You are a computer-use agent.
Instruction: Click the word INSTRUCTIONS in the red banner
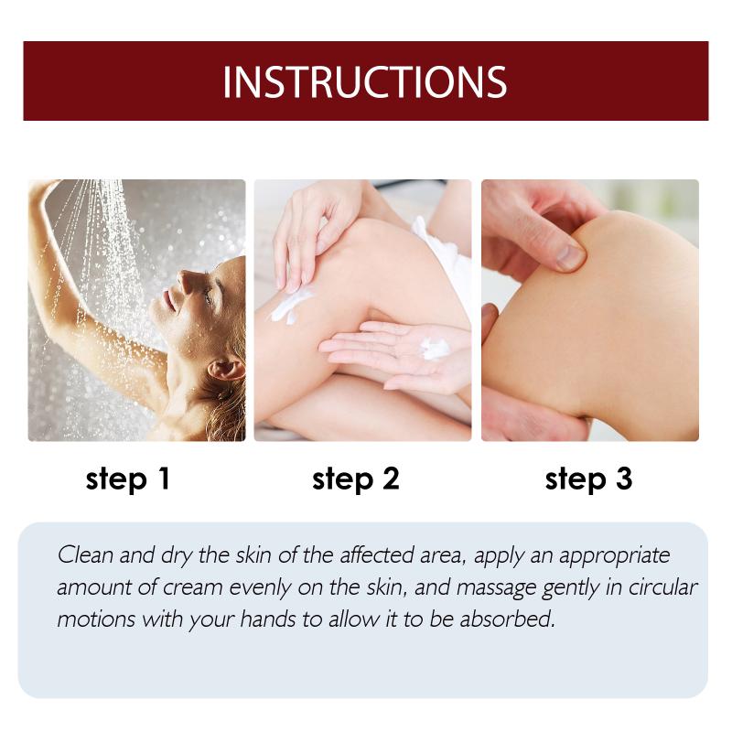(364, 81)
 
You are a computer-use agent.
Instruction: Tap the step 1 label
(127, 479)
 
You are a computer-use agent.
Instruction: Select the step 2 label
(356, 479)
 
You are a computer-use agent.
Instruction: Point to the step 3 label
(588, 479)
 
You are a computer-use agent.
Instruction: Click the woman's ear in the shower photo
(225, 370)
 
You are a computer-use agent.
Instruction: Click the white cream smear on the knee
(290, 305)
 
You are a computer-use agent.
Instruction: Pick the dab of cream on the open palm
(435, 349)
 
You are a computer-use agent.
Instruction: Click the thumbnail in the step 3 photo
(570, 257)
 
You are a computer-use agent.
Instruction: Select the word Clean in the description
(85, 555)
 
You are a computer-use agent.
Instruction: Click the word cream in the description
(193, 588)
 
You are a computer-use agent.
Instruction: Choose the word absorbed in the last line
(507, 619)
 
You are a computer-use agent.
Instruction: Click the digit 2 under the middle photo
(392, 478)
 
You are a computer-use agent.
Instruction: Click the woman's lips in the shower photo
(169, 301)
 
